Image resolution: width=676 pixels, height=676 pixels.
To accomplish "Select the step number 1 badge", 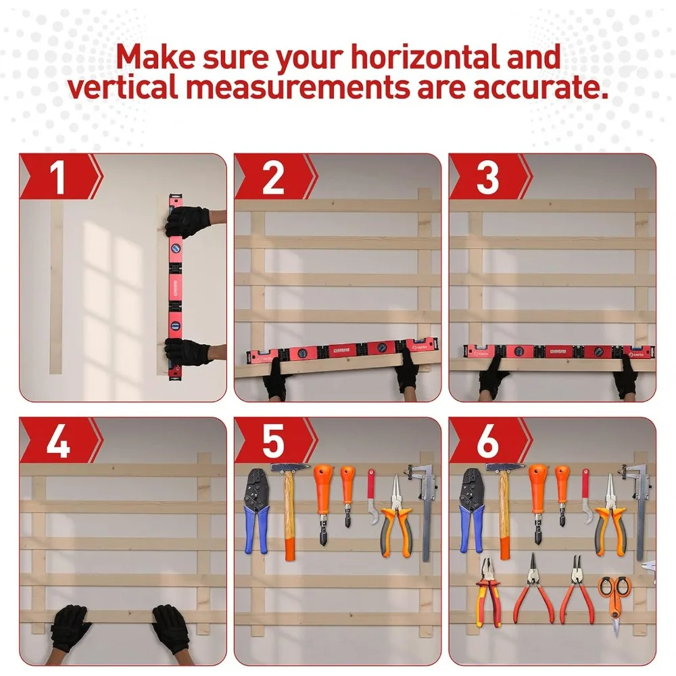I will [58, 177].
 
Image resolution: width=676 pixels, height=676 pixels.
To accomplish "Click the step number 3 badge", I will [487, 177].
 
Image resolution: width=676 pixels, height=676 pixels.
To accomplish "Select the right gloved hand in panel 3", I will [625, 379].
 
